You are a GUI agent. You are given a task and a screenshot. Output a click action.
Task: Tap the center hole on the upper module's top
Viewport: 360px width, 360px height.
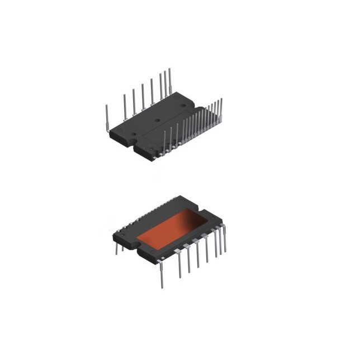158,120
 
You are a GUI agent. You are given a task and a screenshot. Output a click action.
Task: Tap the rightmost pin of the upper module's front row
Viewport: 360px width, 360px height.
221,109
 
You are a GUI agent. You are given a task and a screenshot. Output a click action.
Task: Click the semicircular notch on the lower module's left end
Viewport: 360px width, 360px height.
136,242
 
